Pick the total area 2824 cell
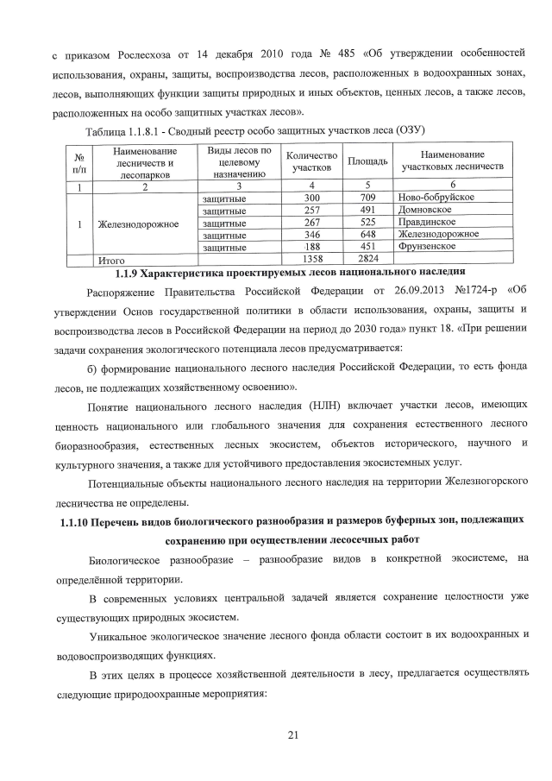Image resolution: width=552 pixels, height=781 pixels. click(x=368, y=258)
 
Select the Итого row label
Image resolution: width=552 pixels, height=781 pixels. click(x=113, y=259)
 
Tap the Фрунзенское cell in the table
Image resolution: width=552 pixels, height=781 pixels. click(x=429, y=246)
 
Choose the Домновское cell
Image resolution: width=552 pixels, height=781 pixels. click(x=427, y=210)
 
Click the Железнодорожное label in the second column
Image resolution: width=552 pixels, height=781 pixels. click(x=138, y=224)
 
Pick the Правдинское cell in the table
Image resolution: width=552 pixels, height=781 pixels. click(x=430, y=222)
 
